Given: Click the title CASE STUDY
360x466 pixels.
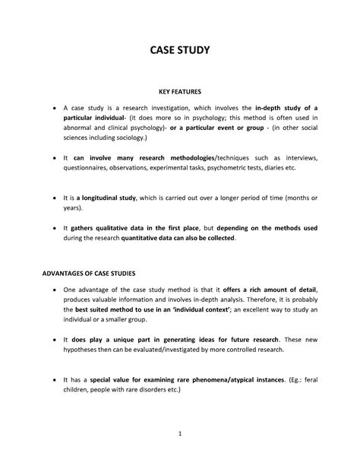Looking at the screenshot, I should (x=179, y=52).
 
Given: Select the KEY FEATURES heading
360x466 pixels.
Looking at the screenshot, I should (x=179, y=91).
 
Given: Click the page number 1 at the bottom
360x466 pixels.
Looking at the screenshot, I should (x=180, y=434).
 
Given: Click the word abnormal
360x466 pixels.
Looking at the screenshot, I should (x=82, y=128).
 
